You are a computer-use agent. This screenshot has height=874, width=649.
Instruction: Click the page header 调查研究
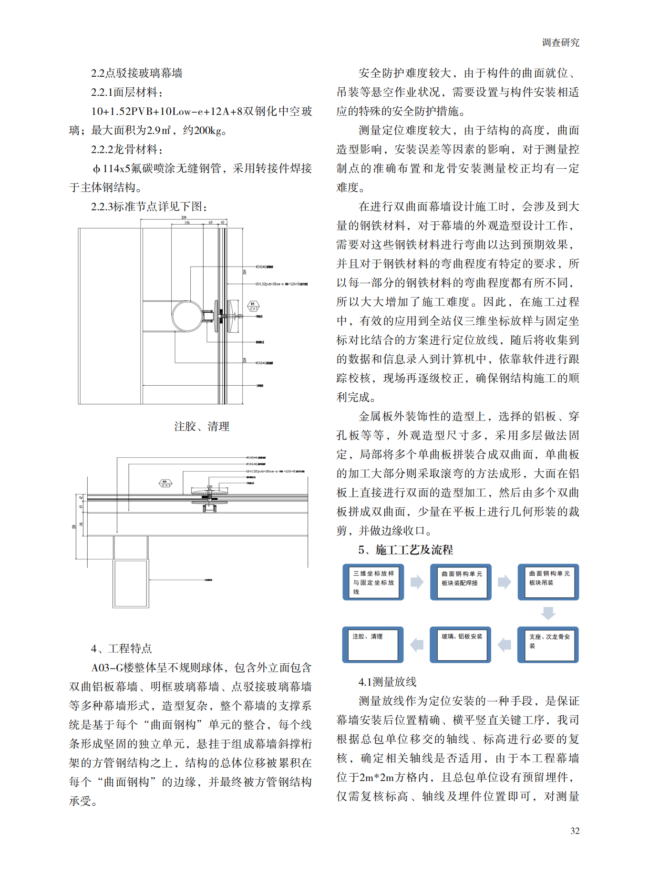coord(560,42)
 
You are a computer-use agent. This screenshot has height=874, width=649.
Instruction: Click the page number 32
coord(575,830)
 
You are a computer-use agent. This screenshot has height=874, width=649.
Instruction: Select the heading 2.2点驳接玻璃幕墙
coord(137,73)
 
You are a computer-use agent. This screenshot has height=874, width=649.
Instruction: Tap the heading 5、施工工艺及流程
coord(405,550)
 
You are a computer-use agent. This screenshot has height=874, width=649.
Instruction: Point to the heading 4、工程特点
coord(122,648)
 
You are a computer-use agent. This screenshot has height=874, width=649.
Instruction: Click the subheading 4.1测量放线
coord(387,682)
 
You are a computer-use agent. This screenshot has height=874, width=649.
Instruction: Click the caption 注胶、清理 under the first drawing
coord(202,426)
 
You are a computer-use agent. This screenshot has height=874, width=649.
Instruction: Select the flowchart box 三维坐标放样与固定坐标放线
coord(373,582)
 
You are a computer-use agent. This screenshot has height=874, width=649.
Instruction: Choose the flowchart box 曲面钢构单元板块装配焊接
coord(461,582)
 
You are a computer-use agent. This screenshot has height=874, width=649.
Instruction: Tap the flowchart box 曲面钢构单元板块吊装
coord(548,582)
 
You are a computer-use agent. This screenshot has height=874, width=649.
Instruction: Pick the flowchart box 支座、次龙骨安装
coord(548,645)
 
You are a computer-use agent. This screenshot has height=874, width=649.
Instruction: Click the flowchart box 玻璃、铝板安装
coord(461,645)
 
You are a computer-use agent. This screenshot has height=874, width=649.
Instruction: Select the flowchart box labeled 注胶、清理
coord(373,645)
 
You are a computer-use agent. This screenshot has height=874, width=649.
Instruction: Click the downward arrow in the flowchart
coord(548,613)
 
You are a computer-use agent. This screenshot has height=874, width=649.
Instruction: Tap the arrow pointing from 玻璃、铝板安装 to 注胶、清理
coord(417,645)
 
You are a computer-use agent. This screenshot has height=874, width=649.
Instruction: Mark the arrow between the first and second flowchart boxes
coord(417,582)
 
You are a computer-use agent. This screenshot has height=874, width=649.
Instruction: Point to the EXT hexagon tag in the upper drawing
coord(253,307)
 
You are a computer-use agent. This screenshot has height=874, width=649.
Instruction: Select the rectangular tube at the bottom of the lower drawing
coord(131,583)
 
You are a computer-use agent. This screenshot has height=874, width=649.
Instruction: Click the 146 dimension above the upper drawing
coord(187,223)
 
